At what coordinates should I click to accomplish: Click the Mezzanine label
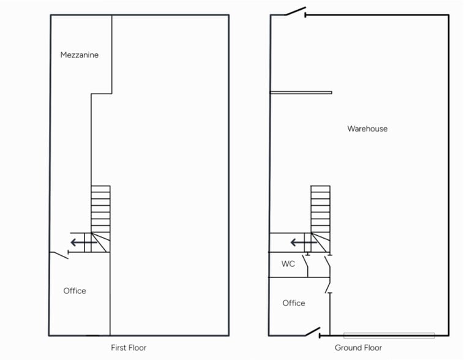[x=80, y=54]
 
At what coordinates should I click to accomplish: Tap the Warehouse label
[x=367, y=129]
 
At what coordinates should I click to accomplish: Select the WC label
[x=288, y=264]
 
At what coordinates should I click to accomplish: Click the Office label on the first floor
[x=75, y=291]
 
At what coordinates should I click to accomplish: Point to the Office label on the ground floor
[x=294, y=303]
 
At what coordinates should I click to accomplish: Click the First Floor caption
[x=129, y=348]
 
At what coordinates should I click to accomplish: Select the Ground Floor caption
[x=358, y=348]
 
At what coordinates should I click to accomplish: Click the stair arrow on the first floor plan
[x=84, y=243]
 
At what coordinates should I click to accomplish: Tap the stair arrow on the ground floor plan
[x=304, y=243]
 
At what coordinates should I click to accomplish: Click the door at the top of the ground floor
[x=295, y=11]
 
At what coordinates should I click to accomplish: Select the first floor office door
[x=60, y=255]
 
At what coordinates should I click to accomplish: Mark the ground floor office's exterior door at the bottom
[x=313, y=332]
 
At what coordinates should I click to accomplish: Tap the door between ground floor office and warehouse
[x=328, y=285]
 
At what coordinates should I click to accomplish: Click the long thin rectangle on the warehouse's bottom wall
[x=389, y=336]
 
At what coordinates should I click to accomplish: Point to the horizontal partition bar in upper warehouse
[x=301, y=92]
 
